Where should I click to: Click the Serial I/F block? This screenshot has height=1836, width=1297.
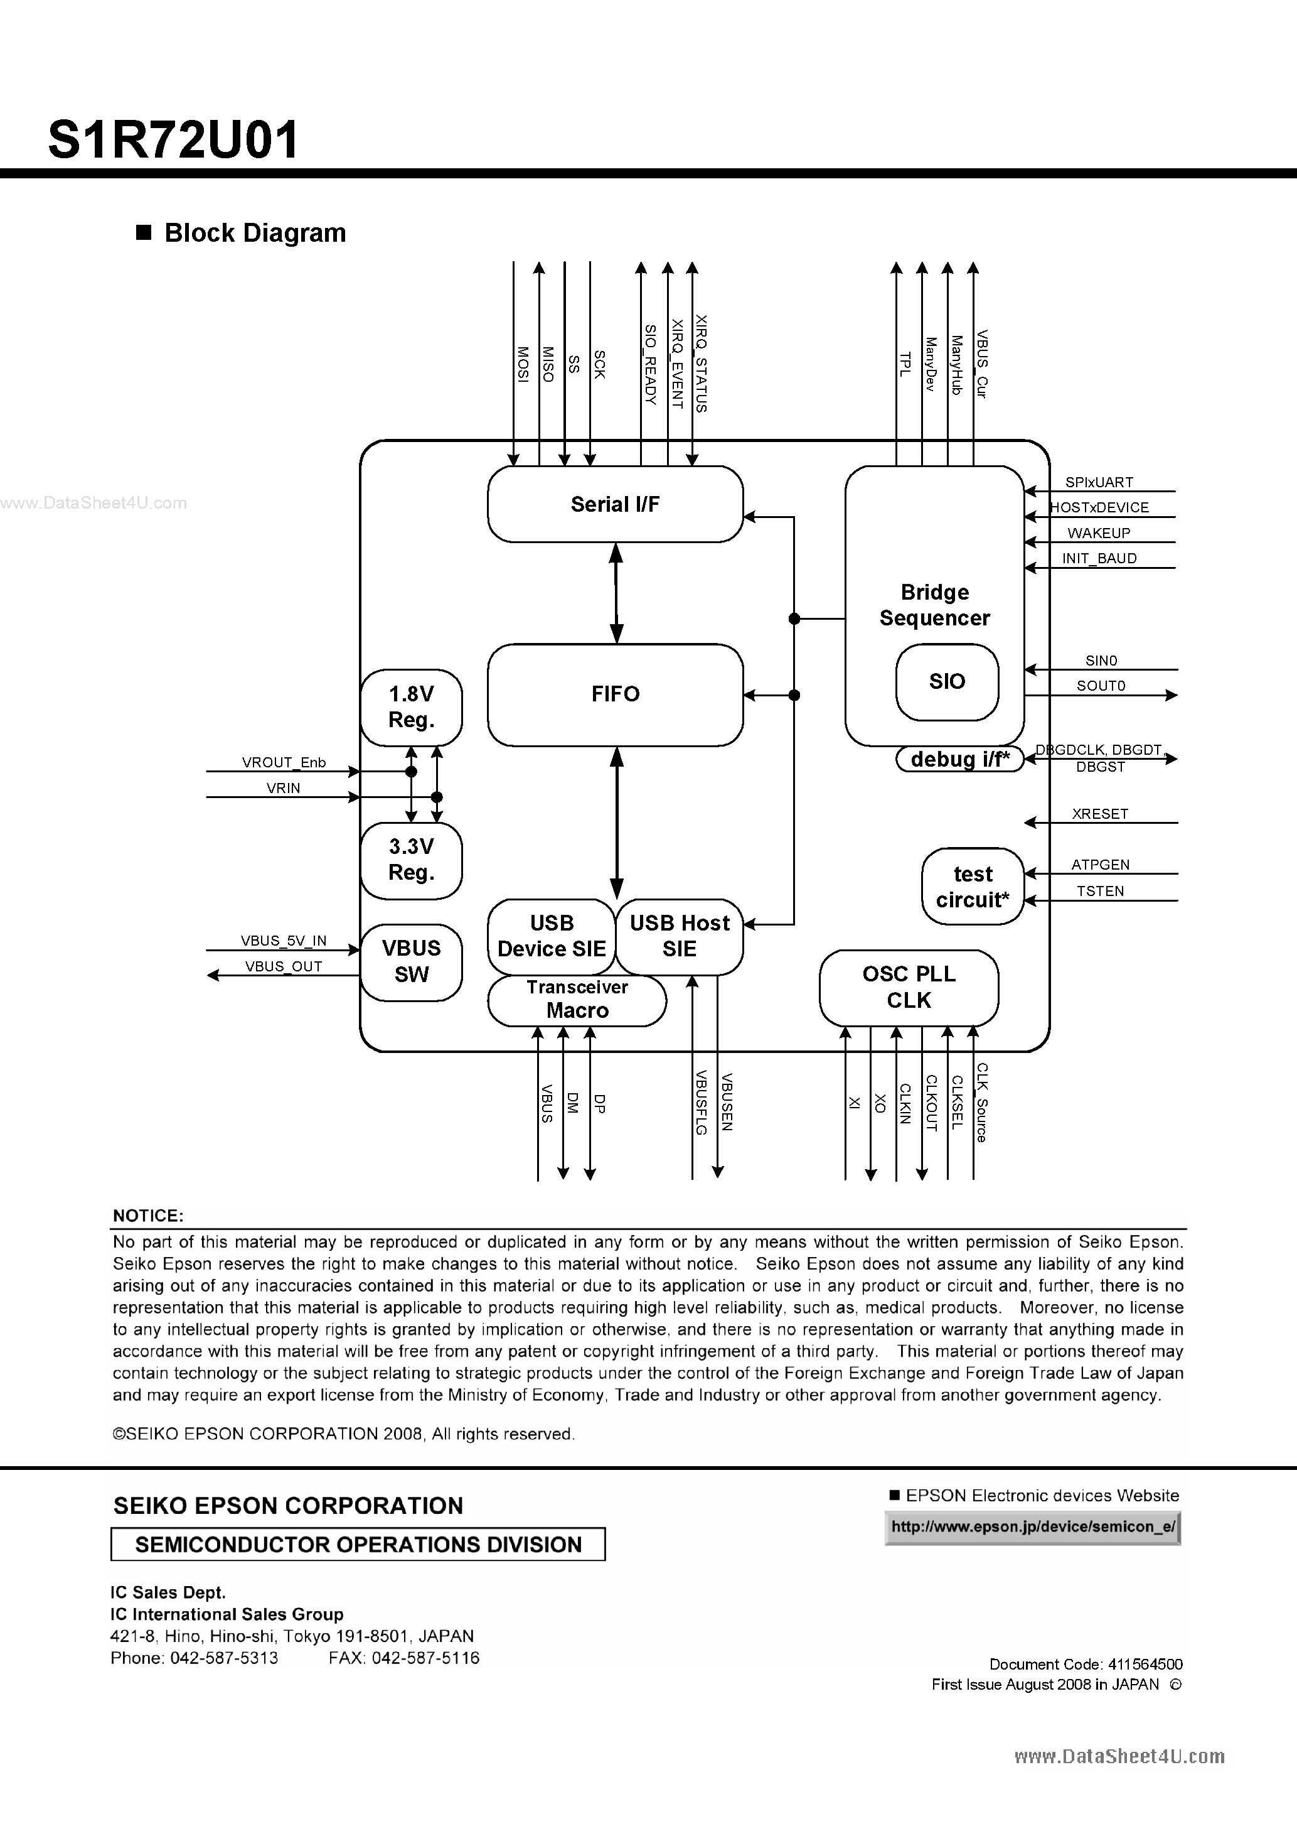click(614, 504)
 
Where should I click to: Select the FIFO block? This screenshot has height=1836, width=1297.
click(614, 694)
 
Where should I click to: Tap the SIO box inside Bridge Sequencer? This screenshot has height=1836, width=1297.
click(947, 681)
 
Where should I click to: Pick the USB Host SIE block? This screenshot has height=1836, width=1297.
click(680, 936)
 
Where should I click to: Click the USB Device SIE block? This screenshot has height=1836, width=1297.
click(552, 936)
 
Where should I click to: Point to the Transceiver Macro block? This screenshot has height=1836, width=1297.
click(577, 999)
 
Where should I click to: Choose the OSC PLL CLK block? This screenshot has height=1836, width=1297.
click(909, 987)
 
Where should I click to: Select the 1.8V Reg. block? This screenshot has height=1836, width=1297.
click(411, 707)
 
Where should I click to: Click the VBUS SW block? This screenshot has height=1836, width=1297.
click(411, 961)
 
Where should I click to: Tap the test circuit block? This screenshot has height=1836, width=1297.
click(973, 887)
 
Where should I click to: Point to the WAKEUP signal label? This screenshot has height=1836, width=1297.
click(1099, 533)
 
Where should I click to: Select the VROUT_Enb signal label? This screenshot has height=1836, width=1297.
click(284, 763)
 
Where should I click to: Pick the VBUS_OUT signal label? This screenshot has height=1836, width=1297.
click(283, 966)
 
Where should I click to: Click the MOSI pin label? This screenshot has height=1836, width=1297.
click(522, 364)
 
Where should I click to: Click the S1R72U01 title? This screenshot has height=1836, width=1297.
click(173, 139)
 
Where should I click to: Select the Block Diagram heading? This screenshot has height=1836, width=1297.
click(254, 233)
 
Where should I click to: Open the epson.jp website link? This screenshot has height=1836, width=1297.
click(1032, 1526)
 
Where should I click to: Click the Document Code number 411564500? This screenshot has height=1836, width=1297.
click(1145, 1664)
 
